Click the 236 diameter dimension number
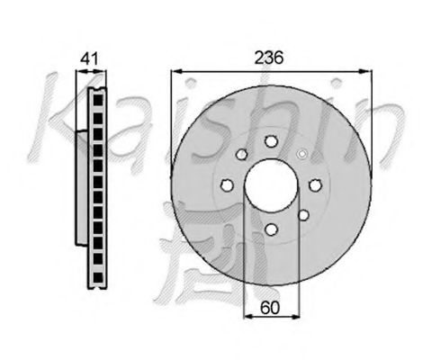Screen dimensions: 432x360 (269, 58)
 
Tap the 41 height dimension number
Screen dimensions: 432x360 (90, 58)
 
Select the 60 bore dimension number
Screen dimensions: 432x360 (270, 308)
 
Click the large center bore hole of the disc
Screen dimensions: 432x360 (271, 185)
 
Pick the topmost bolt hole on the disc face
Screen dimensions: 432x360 (271, 141)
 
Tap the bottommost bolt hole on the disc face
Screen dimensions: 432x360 (271, 229)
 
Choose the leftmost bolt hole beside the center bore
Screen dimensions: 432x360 (227, 185)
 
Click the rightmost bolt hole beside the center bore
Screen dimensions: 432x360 (315, 185)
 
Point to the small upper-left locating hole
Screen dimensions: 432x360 (241, 155)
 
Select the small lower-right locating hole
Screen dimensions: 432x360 (303, 215)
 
